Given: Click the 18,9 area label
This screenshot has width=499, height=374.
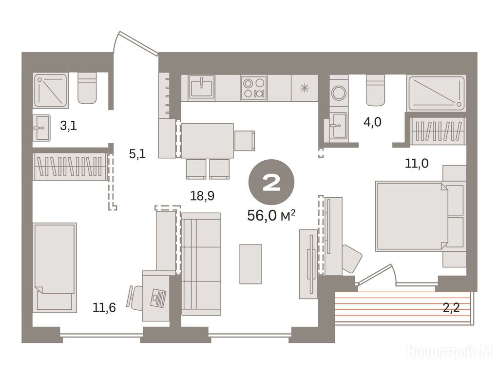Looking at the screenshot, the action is (x=202, y=196).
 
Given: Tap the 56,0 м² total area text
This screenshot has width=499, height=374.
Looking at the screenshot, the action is (x=271, y=216).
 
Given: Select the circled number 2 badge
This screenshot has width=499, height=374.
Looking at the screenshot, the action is (x=271, y=183).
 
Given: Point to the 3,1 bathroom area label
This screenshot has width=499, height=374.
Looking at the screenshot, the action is (x=68, y=126).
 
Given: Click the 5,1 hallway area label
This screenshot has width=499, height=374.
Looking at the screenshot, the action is (x=137, y=154).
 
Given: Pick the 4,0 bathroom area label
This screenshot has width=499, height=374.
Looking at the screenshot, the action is (x=372, y=122).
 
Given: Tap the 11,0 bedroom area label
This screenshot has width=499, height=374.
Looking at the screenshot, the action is (x=417, y=164).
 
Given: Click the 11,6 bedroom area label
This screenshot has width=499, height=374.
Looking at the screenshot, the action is (x=104, y=308).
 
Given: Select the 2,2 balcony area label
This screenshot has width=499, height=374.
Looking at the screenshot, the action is (x=451, y=308).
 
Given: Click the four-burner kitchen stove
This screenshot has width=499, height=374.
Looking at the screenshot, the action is (x=253, y=88).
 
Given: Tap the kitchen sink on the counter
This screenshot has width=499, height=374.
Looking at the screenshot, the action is (x=201, y=87).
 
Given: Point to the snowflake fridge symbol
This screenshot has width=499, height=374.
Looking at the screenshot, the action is (x=305, y=88).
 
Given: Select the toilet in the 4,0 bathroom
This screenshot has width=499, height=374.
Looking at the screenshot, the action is (x=375, y=90).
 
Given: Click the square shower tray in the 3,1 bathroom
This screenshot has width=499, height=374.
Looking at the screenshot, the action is (x=50, y=90).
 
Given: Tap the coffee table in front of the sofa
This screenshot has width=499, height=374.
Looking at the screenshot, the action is (x=250, y=264).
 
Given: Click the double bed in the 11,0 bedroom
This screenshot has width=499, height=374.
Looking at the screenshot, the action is (x=412, y=216).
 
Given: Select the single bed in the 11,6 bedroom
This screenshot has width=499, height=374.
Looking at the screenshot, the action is (x=55, y=267).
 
